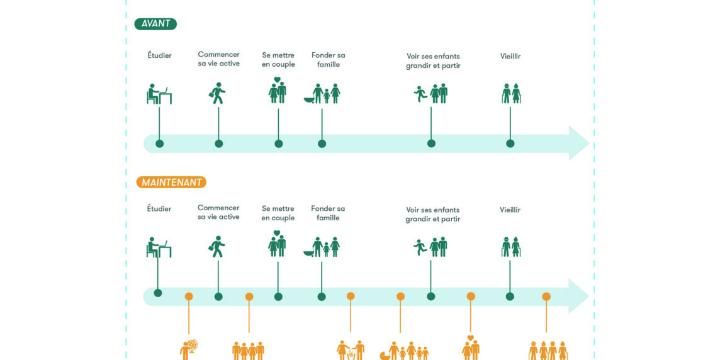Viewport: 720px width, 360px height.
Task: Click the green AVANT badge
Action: pos(155,24)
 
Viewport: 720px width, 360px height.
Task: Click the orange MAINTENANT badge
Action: pos(171,183)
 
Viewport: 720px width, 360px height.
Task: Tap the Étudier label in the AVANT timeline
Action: pos(159,55)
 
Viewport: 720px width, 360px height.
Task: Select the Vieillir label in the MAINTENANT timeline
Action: pos(510,210)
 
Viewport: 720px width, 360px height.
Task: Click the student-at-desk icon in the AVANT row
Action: pos(159,94)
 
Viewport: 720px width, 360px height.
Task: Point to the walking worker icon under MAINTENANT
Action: pos(217,246)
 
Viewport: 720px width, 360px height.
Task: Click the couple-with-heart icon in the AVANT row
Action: pos(278,91)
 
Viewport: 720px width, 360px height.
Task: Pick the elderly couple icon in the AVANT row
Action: pos(511,93)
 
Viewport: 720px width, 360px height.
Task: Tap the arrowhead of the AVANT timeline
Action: pos(578,143)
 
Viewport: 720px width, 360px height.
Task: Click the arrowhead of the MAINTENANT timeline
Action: pos(578,296)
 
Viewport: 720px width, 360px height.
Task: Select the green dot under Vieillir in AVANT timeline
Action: pos(510,143)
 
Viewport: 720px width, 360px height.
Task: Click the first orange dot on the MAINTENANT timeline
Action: pos(189,296)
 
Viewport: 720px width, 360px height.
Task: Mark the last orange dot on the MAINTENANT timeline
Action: pos(546,296)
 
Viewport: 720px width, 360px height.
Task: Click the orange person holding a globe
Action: pos(189,349)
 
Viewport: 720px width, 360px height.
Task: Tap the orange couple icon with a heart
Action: pos(471,347)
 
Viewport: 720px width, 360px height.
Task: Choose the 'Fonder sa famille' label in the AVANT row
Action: pos(329,60)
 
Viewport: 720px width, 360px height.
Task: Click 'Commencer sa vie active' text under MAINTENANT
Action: pos(218,212)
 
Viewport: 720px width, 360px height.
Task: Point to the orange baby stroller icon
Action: pos(385,355)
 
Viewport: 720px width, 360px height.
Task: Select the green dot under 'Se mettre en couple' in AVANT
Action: pos(279,143)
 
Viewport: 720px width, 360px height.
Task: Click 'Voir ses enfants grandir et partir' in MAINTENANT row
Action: pos(433,214)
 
